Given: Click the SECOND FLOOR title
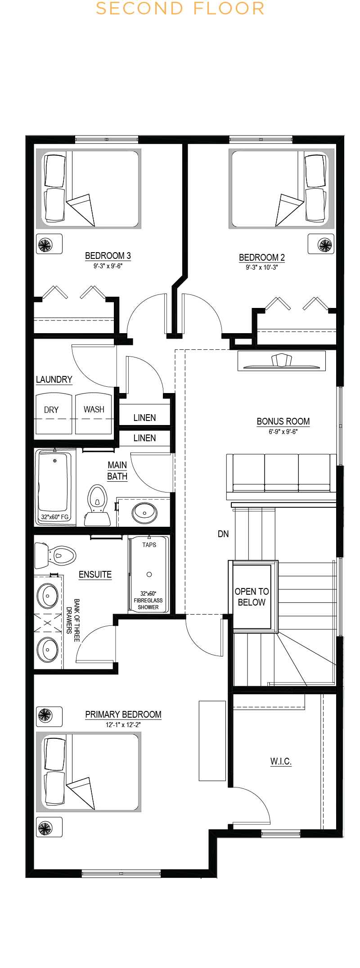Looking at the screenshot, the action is click(180, 9).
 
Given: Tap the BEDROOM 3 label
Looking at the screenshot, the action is click(108, 256).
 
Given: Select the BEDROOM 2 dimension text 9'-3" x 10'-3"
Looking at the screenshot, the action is click(262, 267).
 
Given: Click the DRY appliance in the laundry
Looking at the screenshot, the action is click(54, 414).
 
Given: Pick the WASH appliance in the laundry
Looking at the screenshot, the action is click(94, 414).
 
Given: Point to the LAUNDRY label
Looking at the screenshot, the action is click(54, 380).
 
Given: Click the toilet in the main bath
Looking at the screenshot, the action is click(97, 505).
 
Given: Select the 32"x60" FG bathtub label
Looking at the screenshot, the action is click(55, 517).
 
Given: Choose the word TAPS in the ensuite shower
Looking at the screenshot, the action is click(149, 545).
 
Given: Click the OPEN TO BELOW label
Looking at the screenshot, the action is click(252, 597).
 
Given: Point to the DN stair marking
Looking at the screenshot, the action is click(223, 534).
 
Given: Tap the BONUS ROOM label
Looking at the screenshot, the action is click(283, 421).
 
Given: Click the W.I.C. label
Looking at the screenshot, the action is click(281, 761).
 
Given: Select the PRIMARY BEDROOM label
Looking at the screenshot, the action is click(123, 715).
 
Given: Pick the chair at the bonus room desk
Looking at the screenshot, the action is click(282, 360).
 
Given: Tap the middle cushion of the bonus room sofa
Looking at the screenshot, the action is click(281, 472).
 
